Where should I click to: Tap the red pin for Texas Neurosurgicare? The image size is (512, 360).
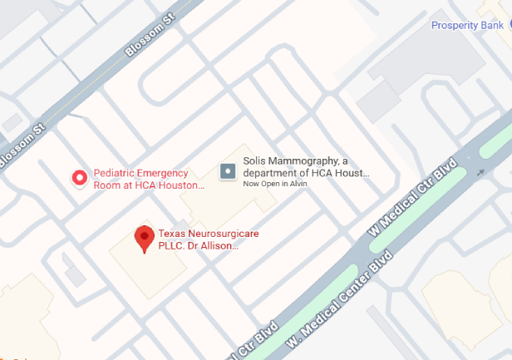click(145, 238)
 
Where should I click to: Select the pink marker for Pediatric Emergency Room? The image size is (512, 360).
click(80, 177)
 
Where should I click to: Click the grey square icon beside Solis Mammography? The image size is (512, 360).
click(228, 171)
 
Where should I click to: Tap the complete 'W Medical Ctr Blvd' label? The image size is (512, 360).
click(414, 195)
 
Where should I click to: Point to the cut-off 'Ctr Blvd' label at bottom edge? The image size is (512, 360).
click(253, 343)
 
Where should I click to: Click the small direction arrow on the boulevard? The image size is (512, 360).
click(480, 174)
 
